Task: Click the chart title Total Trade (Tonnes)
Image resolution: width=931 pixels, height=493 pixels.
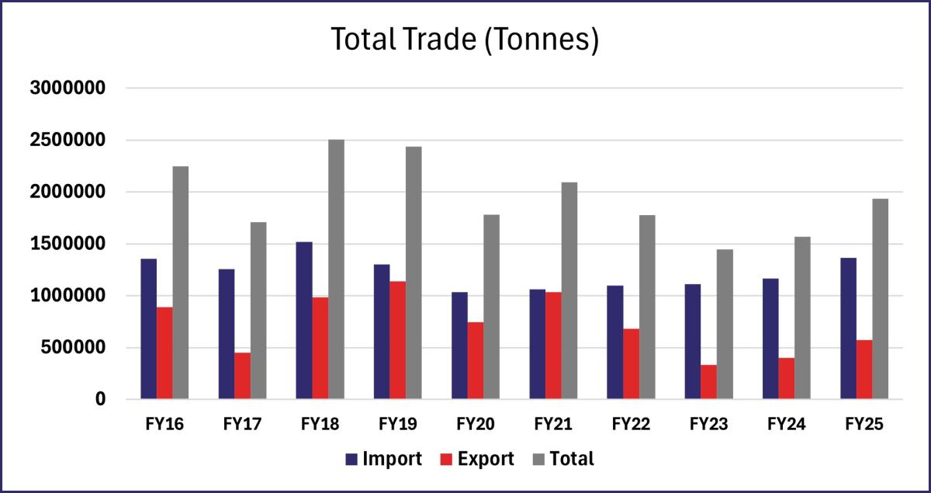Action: (465, 40)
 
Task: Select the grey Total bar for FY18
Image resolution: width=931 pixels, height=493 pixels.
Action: (336, 269)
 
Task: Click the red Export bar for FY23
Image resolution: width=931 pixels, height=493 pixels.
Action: (709, 382)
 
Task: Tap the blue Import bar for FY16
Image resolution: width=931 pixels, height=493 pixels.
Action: (149, 329)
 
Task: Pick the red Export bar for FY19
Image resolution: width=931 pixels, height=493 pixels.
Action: (398, 340)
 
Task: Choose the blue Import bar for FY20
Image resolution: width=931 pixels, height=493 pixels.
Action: (460, 345)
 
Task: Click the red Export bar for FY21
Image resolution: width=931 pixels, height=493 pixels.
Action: (554, 345)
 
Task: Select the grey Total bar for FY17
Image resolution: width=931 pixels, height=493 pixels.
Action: (258, 311)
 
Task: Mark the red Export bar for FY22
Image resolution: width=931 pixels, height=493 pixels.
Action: (632, 364)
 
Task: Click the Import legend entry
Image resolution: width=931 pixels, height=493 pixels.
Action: (383, 459)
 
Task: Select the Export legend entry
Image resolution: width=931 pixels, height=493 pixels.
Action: (476, 459)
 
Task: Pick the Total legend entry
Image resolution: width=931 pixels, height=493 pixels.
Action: (563, 459)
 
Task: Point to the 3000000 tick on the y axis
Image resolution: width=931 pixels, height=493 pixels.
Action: (67, 89)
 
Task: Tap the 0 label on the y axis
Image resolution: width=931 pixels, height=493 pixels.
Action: (99, 399)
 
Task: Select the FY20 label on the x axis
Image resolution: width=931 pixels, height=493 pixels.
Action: (476, 425)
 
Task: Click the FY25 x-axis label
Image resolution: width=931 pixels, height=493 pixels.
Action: (864, 425)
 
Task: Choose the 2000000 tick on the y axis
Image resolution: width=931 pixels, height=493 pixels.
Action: (67, 193)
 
